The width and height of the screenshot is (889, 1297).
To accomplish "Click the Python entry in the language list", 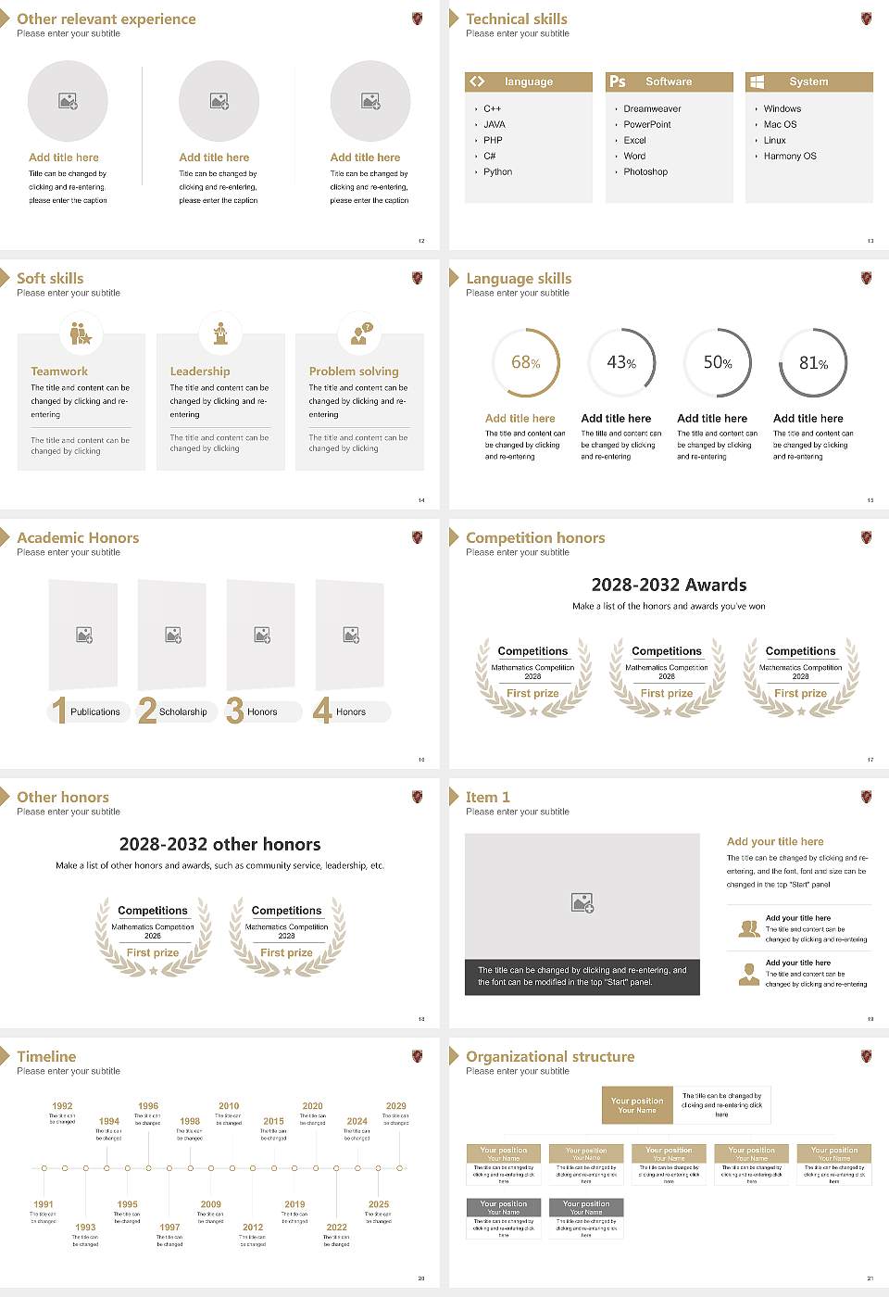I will (x=497, y=172).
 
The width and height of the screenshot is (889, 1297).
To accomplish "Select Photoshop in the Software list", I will (x=645, y=172).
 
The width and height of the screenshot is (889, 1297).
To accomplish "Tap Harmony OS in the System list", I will (x=790, y=157).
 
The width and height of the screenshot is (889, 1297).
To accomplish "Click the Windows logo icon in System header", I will (x=757, y=82).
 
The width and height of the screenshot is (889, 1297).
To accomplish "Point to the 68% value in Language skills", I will (x=525, y=362).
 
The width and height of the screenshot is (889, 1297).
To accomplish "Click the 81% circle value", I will (x=813, y=363).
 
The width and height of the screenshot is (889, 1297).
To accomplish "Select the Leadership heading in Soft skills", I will (x=200, y=371).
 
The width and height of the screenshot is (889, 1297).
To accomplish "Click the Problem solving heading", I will (x=354, y=371).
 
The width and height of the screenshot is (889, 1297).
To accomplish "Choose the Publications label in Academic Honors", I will (x=95, y=712).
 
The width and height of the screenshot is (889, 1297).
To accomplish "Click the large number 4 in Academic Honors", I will (x=322, y=711).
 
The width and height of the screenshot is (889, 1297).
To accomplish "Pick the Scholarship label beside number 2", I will (x=182, y=712).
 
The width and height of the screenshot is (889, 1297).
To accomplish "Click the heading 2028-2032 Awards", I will (x=669, y=585).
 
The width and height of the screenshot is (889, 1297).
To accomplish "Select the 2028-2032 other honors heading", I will (x=219, y=844).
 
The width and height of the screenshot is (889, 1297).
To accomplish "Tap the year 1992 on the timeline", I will (x=62, y=1106).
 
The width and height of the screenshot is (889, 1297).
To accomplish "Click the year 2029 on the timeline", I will (x=395, y=1106).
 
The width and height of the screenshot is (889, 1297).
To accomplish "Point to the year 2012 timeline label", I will (x=253, y=1228).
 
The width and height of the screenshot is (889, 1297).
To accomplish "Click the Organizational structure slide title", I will (x=550, y=1057).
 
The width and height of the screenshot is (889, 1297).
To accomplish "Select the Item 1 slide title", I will (x=487, y=798).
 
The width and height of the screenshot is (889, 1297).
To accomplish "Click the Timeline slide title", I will (x=46, y=1057).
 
